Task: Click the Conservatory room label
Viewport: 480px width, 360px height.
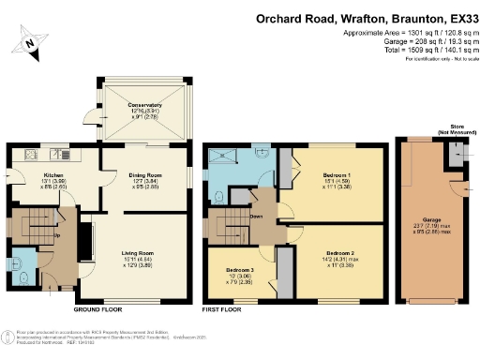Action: [138, 105]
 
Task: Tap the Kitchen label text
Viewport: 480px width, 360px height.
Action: [52, 174]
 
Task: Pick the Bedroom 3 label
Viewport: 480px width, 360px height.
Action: [243, 271]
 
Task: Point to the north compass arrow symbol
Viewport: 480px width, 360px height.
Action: [32, 41]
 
